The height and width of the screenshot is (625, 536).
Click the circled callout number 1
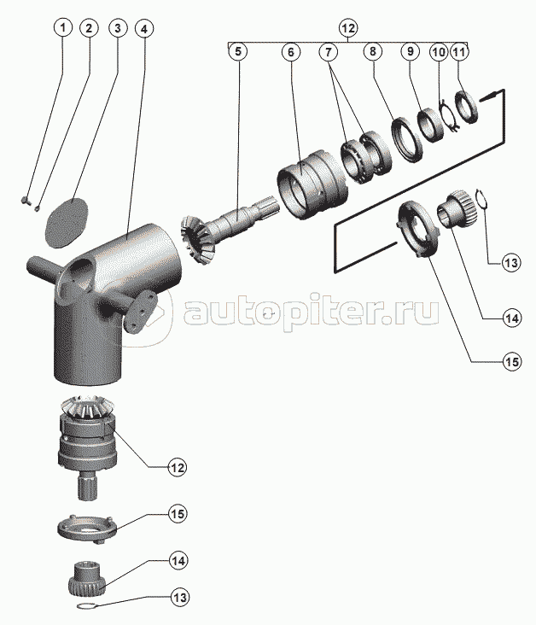click(x=62, y=28)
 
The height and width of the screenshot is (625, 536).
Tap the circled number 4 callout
click(x=144, y=28)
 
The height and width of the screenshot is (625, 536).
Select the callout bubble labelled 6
click(x=290, y=52)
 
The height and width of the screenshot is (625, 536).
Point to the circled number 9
click(x=410, y=52)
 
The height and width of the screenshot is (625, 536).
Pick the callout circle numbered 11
click(x=459, y=52)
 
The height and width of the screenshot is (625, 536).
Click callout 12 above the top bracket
click(x=348, y=28)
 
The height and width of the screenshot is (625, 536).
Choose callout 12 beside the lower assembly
click(x=177, y=467)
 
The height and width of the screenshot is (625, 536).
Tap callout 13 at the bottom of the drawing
click(x=180, y=598)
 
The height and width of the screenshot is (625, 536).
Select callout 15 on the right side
click(x=512, y=361)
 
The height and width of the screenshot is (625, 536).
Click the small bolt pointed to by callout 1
click(x=24, y=200)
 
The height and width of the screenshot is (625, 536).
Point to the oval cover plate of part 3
click(x=66, y=222)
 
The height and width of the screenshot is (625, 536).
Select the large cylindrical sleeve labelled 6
click(x=312, y=184)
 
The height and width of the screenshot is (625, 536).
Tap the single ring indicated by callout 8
click(x=405, y=139)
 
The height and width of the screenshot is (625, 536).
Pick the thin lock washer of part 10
click(x=448, y=114)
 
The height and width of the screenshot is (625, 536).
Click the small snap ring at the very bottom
click(x=85, y=607)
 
